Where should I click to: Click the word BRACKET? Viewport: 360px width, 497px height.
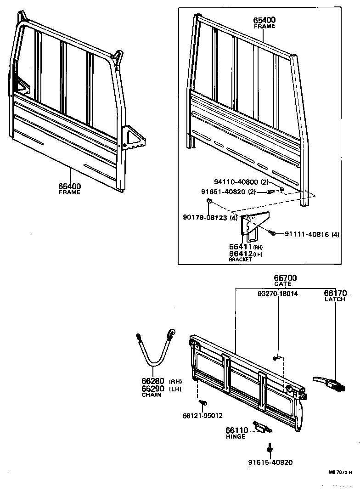(240, 260)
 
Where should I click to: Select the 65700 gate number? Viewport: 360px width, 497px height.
(286, 278)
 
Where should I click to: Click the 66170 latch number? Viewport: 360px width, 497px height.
(336, 293)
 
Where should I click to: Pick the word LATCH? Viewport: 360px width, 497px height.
(336, 299)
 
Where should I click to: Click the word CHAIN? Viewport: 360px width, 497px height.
(151, 395)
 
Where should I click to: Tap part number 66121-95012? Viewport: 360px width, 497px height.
(202, 416)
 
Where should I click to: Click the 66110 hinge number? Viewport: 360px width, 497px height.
(236, 430)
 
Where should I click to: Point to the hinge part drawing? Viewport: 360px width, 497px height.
(262, 428)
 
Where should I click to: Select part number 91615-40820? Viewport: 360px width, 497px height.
(270, 463)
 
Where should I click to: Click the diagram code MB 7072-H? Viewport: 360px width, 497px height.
(340, 472)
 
